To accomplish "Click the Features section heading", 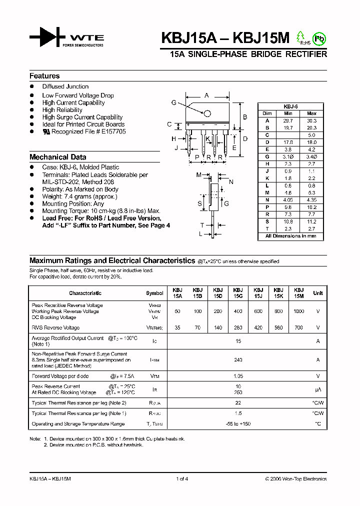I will coord(44,76).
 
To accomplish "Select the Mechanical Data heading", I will coord(57,157).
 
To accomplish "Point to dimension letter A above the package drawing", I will coord(206,95).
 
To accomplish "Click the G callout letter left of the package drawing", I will coord(173,102).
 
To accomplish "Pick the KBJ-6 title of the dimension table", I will coord(290,106).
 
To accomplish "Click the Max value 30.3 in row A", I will coord(311,120).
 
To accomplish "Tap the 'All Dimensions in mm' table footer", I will coord(290,236).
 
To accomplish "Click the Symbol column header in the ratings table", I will coord(154,293).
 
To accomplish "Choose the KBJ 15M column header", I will coord(298,293).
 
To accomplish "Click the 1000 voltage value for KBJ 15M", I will coord(298,311).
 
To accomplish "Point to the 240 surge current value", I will coord(238,359).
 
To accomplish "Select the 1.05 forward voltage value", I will coord(238,376).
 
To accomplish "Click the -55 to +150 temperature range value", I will coord(238,424).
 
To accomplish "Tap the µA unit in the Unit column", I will coord(317,389).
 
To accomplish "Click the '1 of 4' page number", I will coord(182,479).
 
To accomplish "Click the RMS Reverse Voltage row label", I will coord(55,328).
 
